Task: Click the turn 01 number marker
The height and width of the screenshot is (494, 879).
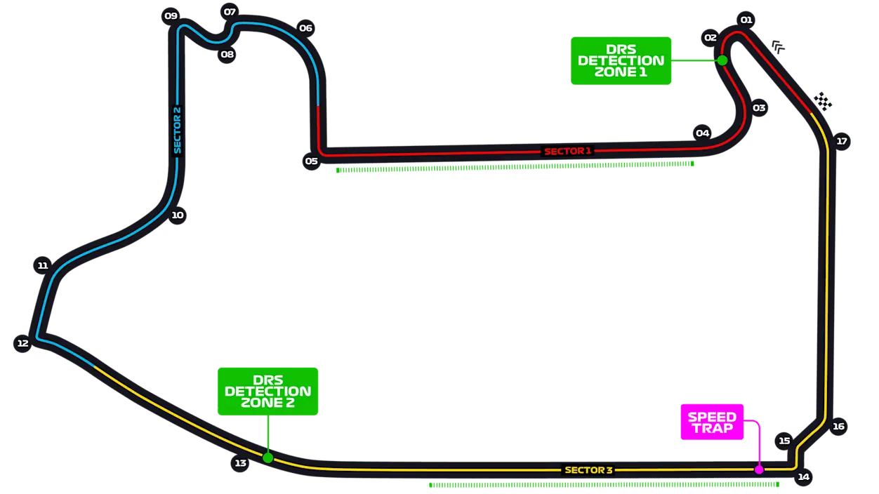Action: (746, 20)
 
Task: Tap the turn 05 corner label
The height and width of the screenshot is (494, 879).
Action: (312, 161)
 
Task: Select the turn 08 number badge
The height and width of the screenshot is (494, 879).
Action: (227, 54)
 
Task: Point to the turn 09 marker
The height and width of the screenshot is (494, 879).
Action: (171, 15)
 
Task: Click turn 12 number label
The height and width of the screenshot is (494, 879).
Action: (22, 343)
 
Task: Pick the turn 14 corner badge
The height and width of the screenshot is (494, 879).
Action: (803, 477)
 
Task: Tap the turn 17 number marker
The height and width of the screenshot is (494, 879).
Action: (842, 141)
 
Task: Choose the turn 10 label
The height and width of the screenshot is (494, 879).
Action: (178, 215)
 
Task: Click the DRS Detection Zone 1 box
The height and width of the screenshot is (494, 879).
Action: (621, 60)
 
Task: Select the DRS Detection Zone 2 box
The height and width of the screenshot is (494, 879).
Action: (267, 391)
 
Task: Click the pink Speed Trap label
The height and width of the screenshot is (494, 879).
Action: (712, 422)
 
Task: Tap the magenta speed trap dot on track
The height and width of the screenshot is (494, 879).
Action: (759, 469)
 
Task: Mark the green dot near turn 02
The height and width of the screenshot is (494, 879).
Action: (722, 60)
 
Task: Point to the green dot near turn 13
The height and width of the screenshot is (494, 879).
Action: (267, 458)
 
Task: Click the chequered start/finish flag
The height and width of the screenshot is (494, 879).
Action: (823, 102)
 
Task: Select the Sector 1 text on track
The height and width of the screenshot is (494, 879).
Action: (568, 151)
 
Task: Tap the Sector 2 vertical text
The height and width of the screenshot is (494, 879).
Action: (178, 130)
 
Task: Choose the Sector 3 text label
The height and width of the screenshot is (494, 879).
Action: (588, 470)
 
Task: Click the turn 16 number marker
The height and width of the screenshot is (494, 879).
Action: (838, 426)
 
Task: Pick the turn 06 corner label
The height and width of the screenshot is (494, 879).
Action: (305, 28)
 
